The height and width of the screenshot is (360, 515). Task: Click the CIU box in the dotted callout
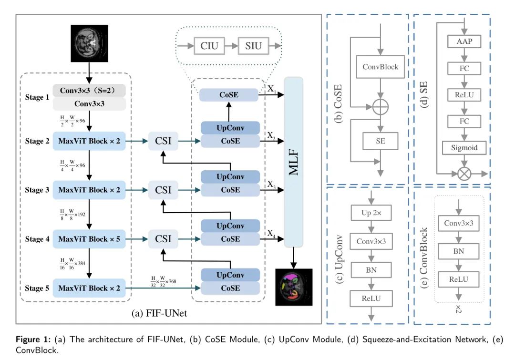pyautogui.click(x=209, y=46)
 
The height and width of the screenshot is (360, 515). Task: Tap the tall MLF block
pyautogui.click(x=294, y=162)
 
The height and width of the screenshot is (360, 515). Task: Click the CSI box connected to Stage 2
pyautogui.click(x=163, y=141)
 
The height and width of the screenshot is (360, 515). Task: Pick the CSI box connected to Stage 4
pyautogui.click(x=163, y=239)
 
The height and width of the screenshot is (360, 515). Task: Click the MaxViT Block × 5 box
pyautogui.click(x=89, y=239)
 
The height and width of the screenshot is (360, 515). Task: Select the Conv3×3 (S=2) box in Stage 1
pyautogui.click(x=89, y=90)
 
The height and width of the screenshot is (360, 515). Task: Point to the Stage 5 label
pyautogui.click(x=37, y=288)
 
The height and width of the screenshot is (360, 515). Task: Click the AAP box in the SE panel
pyautogui.click(x=464, y=42)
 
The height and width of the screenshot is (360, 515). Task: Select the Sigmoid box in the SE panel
pyautogui.click(x=464, y=148)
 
